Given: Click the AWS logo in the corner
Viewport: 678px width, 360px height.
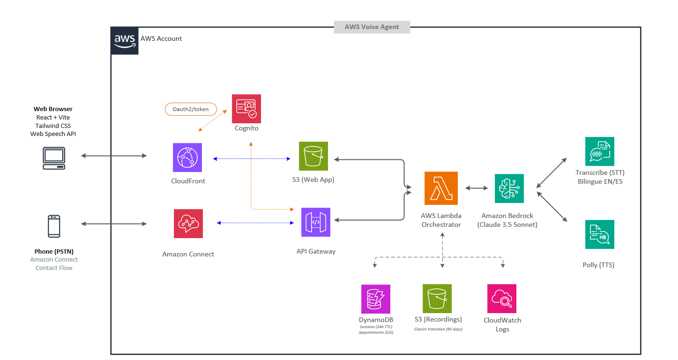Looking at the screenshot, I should pyautogui.click(x=125, y=41).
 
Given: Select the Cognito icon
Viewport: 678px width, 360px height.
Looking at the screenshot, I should pyautogui.click(x=246, y=109).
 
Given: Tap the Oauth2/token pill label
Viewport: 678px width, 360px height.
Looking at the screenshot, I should pyautogui.click(x=190, y=109).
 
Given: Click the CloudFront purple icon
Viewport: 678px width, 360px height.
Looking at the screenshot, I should pyautogui.click(x=187, y=157).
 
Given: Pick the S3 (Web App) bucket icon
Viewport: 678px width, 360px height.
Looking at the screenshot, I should pyautogui.click(x=313, y=157).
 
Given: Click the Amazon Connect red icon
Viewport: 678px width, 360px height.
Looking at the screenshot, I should pyautogui.click(x=188, y=224).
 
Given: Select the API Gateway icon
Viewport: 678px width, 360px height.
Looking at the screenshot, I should pyautogui.click(x=316, y=222).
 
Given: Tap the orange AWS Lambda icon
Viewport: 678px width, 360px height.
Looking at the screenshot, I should pyautogui.click(x=441, y=188).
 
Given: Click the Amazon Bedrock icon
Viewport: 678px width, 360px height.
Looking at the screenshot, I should pyautogui.click(x=509, y=188).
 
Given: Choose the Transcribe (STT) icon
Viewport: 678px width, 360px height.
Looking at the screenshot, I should pyautogui.click(x=599, y=151).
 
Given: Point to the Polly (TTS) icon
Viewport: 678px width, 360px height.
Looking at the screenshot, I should pyautogui.click(x=599, y=234).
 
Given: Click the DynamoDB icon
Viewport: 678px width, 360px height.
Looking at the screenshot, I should pyautogui.click(x=376, y=299).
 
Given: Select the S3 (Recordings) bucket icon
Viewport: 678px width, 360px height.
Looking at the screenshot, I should pyautogui.click(x=437, y=299).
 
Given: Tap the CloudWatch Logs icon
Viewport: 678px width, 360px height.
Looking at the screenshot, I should pyautogui.click(x=502, y=299).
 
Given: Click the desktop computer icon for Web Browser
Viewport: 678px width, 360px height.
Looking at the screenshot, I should pyautogui.click(x=54, y=158).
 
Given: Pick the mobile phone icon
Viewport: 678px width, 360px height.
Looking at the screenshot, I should pyautogui.click(x=54, y=226).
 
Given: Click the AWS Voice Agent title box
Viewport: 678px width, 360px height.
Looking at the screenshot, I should pyautogui.click(x=372, y=27).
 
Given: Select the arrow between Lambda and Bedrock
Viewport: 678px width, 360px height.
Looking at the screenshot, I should pyautogui.click(x=476, y=188).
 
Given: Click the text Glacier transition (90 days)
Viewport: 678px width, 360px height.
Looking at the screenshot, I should pyautogui.click(x=438, y=329).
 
